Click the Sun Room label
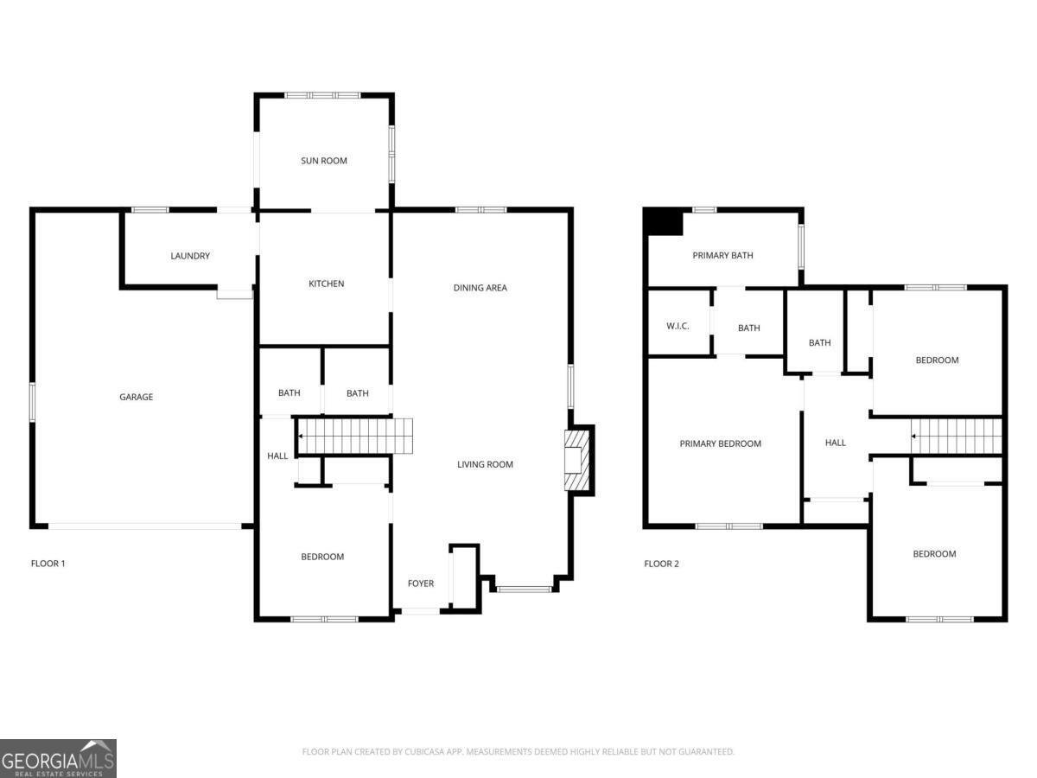click(324, 161)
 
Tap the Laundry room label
click(190, 256)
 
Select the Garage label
click(136, 397)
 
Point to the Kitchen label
click(327, 284)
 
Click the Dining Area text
click(480, 288)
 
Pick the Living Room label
click(485, 464)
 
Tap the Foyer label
click(421, 583)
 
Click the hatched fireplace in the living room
click(576, 461)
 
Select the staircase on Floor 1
click(354, 436)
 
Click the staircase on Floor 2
click(957, 436)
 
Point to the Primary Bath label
click(722, 255)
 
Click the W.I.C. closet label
click(678, 326)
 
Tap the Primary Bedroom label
click(720, 443)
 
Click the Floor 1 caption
click(48, 564)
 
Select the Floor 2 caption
click(661, 564)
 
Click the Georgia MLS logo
click(58, 758)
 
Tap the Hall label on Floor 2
click(835, 443)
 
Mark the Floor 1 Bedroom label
click(322, 557)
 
